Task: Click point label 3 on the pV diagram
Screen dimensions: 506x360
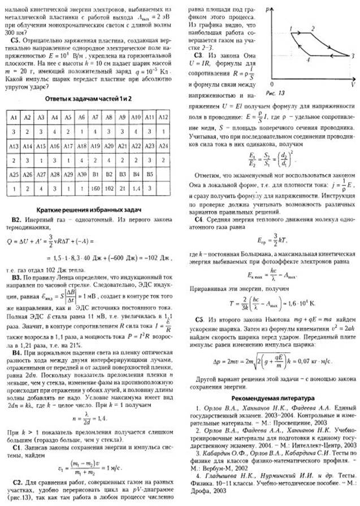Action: coord(352,56)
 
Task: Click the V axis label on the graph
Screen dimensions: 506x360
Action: coord(352,84)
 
